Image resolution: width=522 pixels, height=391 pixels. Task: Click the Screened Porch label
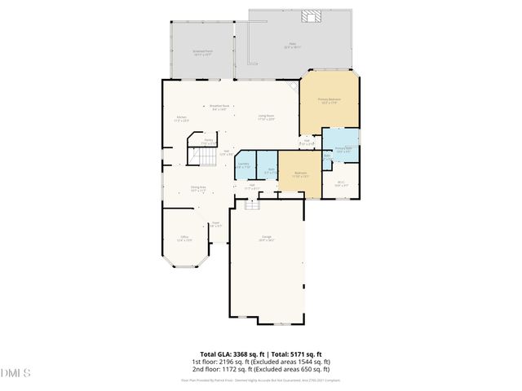point(202,53)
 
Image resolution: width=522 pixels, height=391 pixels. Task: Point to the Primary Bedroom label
point(329,100)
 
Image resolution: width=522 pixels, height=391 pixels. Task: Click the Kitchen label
point(181,118)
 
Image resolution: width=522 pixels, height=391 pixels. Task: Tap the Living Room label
point(266,116)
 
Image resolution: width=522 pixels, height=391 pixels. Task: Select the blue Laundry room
point(243,165)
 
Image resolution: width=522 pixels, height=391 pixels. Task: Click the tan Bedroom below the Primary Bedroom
point(300,174)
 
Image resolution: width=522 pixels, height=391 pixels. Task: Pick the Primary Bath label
point(343,149)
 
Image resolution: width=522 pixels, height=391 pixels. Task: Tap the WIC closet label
point(342,184)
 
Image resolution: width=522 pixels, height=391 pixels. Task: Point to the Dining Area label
point(197,188)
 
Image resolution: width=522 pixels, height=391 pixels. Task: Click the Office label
point(184,239)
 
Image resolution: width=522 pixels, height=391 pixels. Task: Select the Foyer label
point(216,223)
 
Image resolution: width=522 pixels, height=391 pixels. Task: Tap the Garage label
point(266,239)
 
